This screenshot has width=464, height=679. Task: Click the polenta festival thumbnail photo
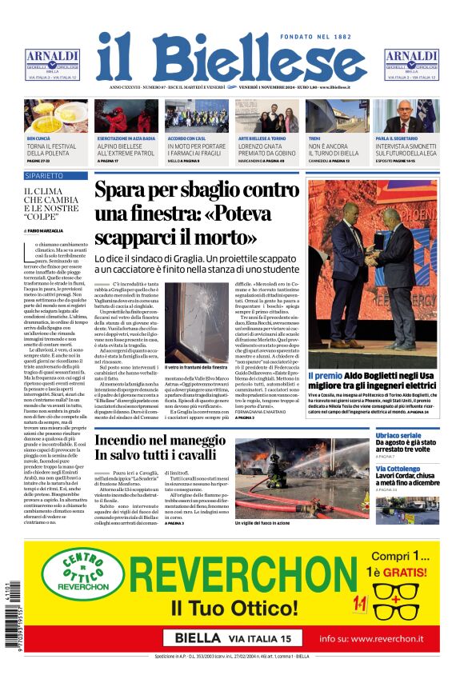[x=56, y=116]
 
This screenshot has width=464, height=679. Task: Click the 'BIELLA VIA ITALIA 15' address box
[x=232, y=638]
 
